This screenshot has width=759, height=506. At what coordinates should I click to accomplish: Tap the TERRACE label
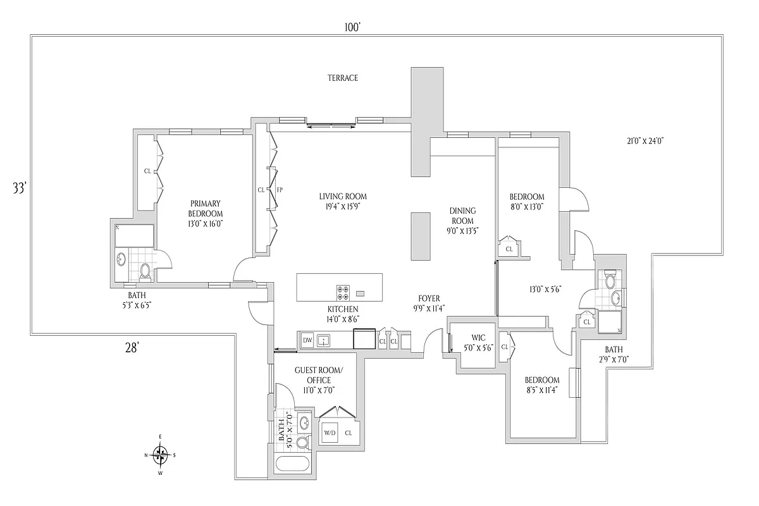[342, 78]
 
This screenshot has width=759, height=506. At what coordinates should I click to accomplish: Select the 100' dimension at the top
[352, 27]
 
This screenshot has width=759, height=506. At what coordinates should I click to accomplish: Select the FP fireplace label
[279, 189]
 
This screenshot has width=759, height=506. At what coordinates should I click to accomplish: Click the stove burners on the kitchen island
[343, 293]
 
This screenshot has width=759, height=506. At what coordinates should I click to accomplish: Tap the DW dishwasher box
[307, 340]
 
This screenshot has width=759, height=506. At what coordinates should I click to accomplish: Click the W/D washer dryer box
[330, 433]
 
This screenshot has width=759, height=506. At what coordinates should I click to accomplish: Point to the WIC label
[478, 337]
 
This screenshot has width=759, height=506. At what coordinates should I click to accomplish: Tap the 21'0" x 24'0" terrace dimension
[641, 141]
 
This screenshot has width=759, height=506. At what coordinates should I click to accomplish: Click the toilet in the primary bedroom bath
[145, 271]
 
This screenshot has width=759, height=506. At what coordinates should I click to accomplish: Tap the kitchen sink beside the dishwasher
[324, 340]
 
